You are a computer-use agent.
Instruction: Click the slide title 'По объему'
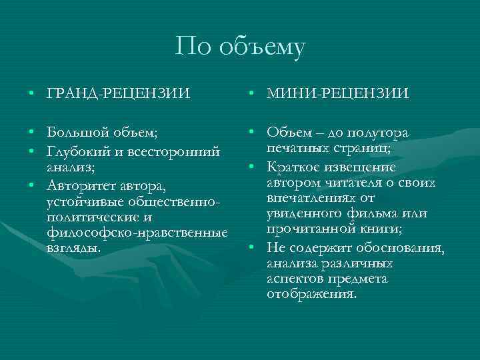241,47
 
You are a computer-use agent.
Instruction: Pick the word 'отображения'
312,293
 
